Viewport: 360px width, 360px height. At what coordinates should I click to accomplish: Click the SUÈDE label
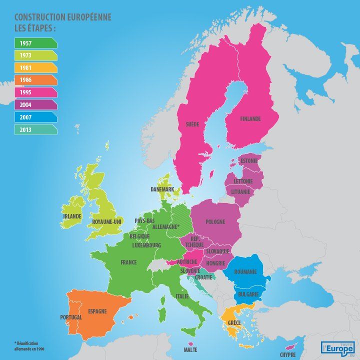point(192,123)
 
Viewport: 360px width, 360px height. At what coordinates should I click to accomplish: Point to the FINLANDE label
point(250,119)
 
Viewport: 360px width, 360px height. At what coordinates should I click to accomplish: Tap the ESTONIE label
point(249,161)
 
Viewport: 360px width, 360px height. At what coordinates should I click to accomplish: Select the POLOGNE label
point(215,221)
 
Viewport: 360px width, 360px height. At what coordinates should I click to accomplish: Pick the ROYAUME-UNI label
point(107,221)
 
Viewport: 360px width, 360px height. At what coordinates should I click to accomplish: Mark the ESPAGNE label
point(97,311)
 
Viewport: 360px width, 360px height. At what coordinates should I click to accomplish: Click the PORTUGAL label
point(71,317)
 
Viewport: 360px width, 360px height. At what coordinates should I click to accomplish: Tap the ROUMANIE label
point(244,271)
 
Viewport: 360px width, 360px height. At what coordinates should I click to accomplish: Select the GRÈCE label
point(234,323)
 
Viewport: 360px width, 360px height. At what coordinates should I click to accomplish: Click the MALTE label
point(190,350)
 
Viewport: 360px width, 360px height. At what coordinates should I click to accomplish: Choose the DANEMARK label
point(162,189)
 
